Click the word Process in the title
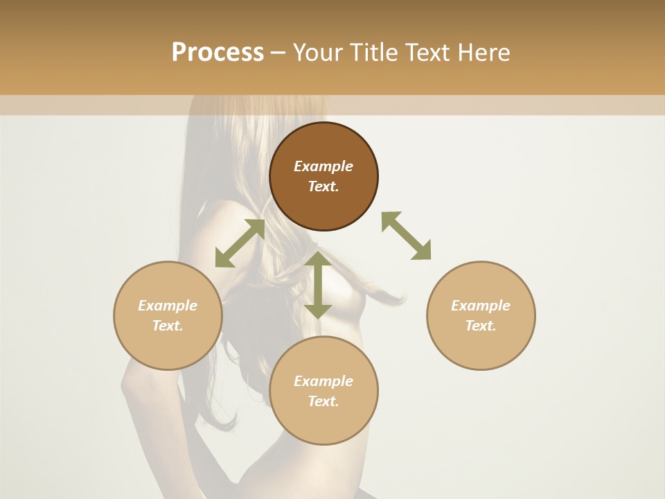pyautogui.click(x=218, y=53)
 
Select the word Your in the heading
pyautogui.click(x=319, y=53)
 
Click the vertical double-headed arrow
pyautogui.click(x=318, y=285)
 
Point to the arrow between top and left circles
pyautogui.click(x=240, y=243)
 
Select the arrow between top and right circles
pyautogui.click(x=406, y=236)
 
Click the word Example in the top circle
pyautogui.click(x=323, y=166)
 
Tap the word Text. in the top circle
pyautogui.click(x=323, y=186)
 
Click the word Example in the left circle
pyautogui.click(x=168, y=306)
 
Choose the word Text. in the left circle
pyautogui.click(x=168, y=326)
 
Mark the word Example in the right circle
pyautogui.click(x=481, y=306)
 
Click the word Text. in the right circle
pyautogui.click(x=481, y=326)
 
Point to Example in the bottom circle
pyautogui.click(x=323, y=381)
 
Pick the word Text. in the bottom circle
pyautogui.click(x=323, y=401)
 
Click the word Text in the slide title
pyautogui.click(x=427, y=53)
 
